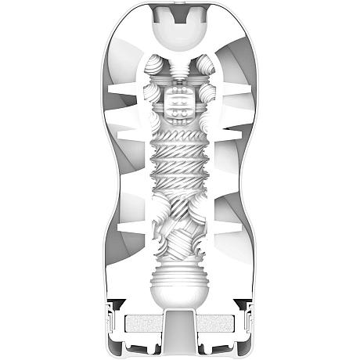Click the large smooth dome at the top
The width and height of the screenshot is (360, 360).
180,32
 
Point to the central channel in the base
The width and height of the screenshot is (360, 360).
180,333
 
